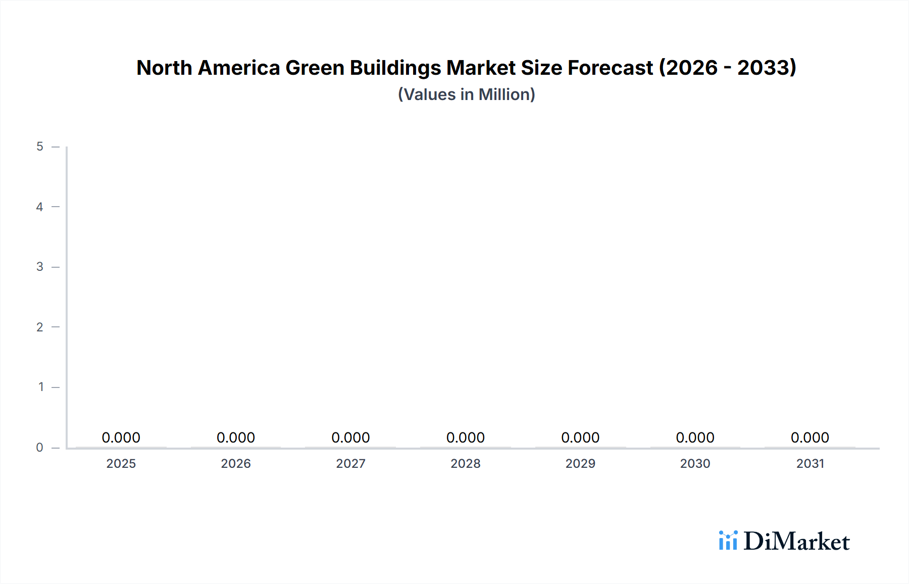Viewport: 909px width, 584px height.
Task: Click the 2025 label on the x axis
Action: pos(121,463)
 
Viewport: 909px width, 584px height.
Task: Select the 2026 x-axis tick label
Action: pos(236,463)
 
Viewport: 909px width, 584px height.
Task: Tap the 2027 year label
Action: pos(350,463)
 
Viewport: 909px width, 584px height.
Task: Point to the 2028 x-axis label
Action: pos(465,463)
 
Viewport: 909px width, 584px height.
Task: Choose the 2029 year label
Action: pos(580,463)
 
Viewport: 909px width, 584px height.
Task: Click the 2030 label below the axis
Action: pos(695,463)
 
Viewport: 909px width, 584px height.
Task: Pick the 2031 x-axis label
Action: pos(810,463)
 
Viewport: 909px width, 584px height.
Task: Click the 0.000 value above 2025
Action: pos(121,437)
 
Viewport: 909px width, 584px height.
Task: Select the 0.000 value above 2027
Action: pos(350,437)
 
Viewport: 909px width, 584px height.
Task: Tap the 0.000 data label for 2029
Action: pos(580,437)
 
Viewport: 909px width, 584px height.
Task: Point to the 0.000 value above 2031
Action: pos(810,437)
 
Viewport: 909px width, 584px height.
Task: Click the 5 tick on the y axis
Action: pos(40,147)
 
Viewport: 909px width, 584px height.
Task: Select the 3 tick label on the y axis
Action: pos(40,267)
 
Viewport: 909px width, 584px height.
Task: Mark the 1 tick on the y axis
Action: pos(41,387)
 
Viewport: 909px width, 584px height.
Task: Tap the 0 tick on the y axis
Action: pos(40,447)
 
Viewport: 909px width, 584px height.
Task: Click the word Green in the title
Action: pos(315,68)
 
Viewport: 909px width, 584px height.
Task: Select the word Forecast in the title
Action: pos(610,68)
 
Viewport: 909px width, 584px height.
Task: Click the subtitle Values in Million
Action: pos(466,94)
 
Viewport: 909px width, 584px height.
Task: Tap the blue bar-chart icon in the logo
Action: pos(728,541)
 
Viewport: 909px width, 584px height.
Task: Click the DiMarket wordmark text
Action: pos(796,542)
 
